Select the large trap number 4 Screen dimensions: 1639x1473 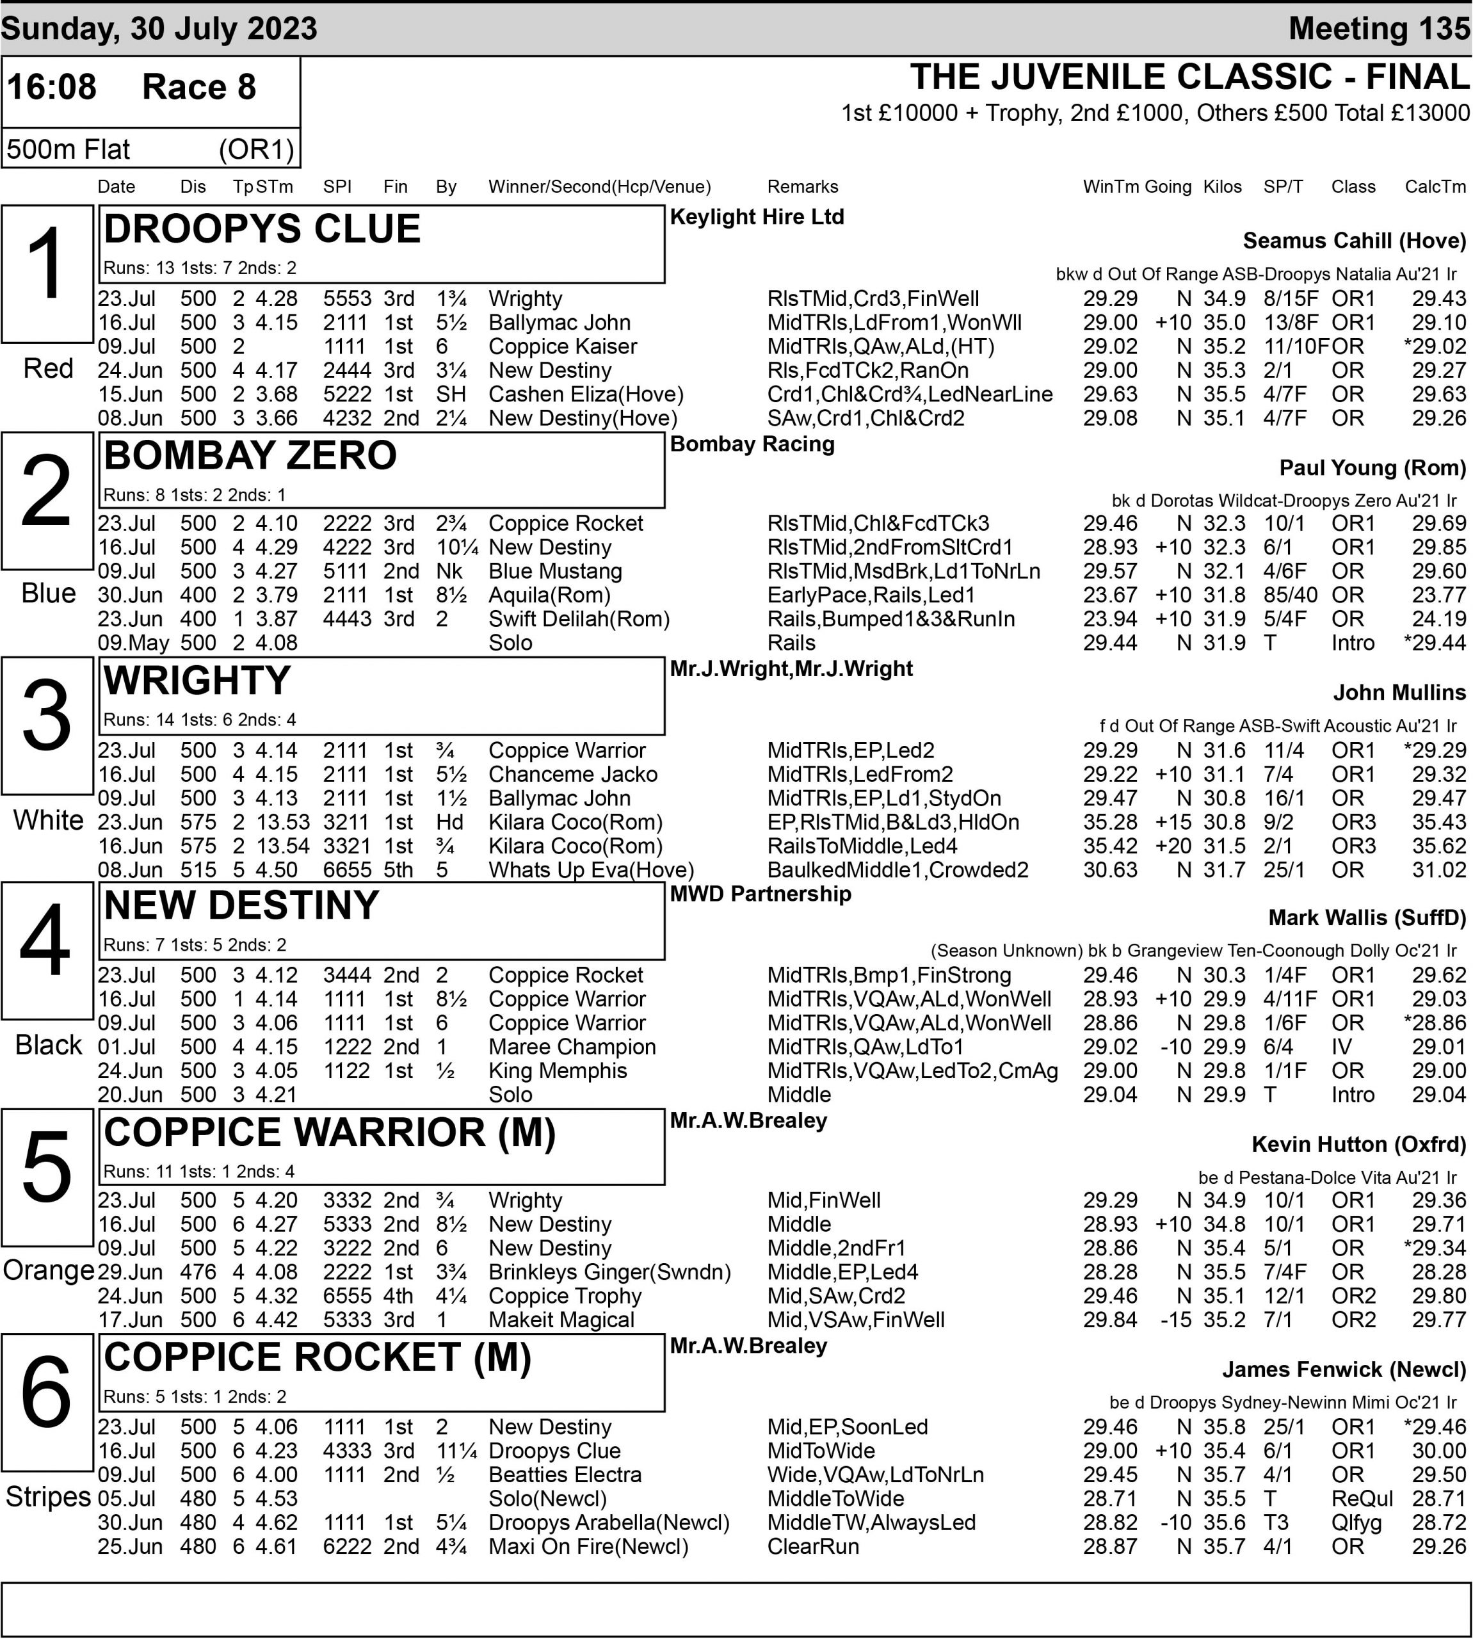point(46,941)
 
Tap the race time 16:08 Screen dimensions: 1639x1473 point(52,86)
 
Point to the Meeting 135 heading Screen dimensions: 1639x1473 point(1379,28)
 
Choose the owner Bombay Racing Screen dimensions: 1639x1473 point(752,444)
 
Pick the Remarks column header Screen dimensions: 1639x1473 point(802,187)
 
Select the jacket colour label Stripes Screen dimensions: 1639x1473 point(48,1497)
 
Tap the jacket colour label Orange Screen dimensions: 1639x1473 point(48,1270)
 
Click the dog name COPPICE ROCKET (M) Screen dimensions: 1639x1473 point(318,1357)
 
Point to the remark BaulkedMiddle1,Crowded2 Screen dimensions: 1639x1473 point(897,870)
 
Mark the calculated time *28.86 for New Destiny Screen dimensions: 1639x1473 point(1434,1023)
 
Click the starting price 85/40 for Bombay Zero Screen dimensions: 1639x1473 point(1290,595)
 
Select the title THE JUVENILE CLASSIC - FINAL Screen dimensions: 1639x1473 point(1189,77)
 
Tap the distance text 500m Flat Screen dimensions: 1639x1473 point(68,149)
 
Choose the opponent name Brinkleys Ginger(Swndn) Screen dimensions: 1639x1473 point(609,1272)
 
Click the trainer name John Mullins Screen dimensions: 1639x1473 point(1399,692)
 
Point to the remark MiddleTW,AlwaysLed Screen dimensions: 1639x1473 point(871,1522)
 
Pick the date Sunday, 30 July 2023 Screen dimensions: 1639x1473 point(159,28)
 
